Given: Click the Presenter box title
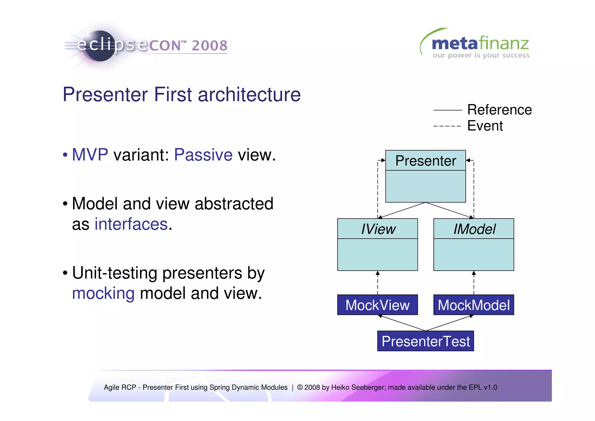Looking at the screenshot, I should point(425,161).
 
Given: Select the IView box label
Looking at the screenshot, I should point(378,229).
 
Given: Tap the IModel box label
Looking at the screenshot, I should point(474,229).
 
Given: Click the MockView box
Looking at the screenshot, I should point(377,305).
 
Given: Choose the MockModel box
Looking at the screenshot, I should point(474,305).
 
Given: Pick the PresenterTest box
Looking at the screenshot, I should point(425,341).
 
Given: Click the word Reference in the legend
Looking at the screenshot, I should point(499,110).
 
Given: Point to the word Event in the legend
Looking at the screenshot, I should point(485,126).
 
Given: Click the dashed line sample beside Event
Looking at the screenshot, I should point(447,126).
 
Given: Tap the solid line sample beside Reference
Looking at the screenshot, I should point(447,110).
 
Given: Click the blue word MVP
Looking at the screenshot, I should point(90,154).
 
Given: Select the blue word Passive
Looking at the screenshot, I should point(203,154).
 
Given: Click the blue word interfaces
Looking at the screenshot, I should point(131,224).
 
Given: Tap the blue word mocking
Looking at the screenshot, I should point(103,293).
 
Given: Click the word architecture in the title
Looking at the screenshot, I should point(249,95).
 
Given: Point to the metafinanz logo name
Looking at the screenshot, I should point(480,44).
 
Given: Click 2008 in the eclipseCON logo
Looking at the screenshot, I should point(209,46).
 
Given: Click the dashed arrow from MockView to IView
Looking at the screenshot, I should point(378,283).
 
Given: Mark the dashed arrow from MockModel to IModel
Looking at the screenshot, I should point(474,283).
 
